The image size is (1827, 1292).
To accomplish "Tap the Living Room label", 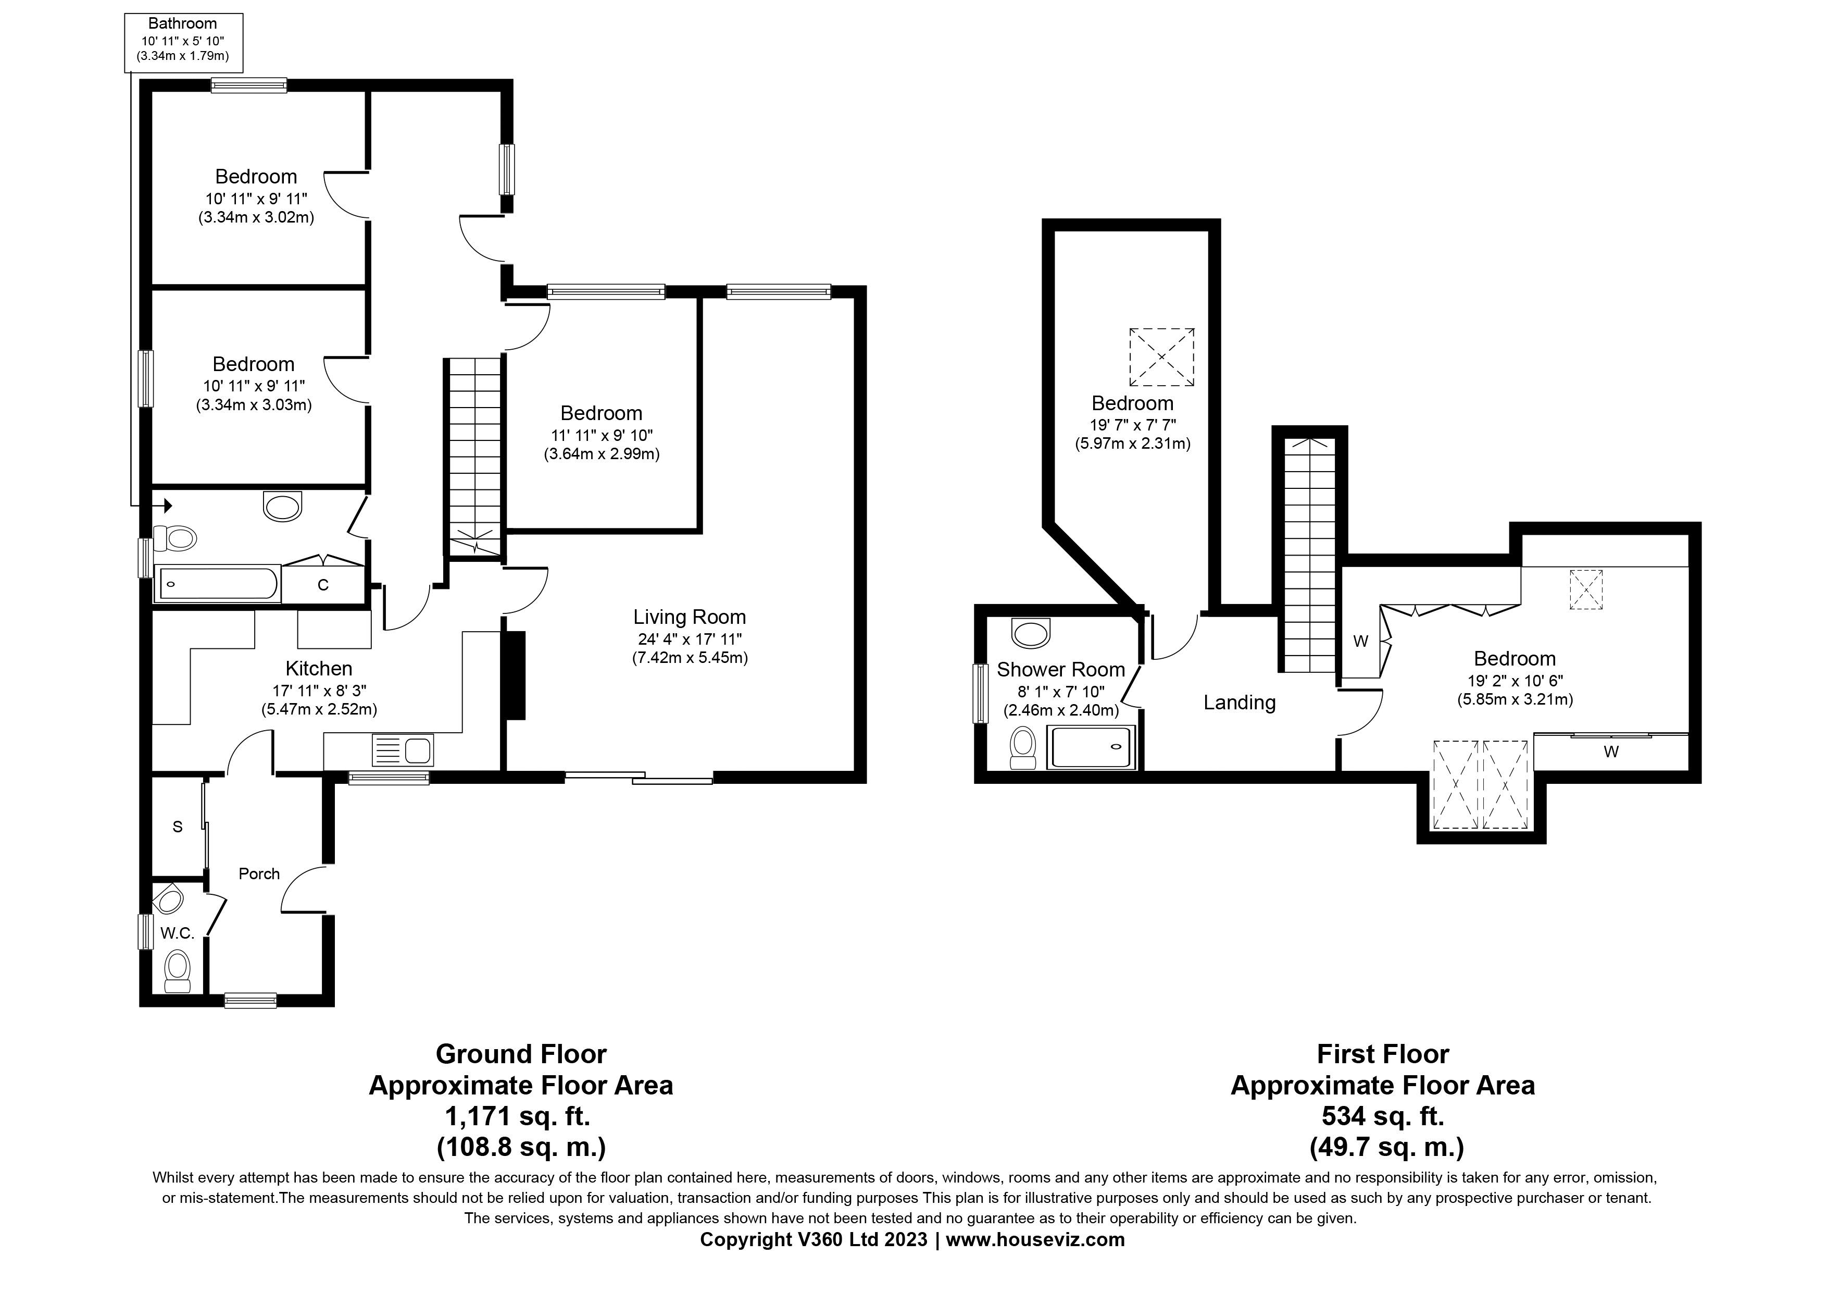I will (689, 617).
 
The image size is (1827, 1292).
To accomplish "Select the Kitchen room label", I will (318, 669).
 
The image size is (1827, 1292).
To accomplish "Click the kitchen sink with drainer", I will (402, 750).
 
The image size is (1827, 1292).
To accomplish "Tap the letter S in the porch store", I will (178, 827).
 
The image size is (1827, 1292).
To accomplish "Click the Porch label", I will (259, 874).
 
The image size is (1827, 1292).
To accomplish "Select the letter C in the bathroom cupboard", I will (323, 586).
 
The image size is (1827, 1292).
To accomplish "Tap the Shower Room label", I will (1061, 670).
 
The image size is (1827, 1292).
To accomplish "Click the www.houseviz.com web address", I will (1035, 1239).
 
